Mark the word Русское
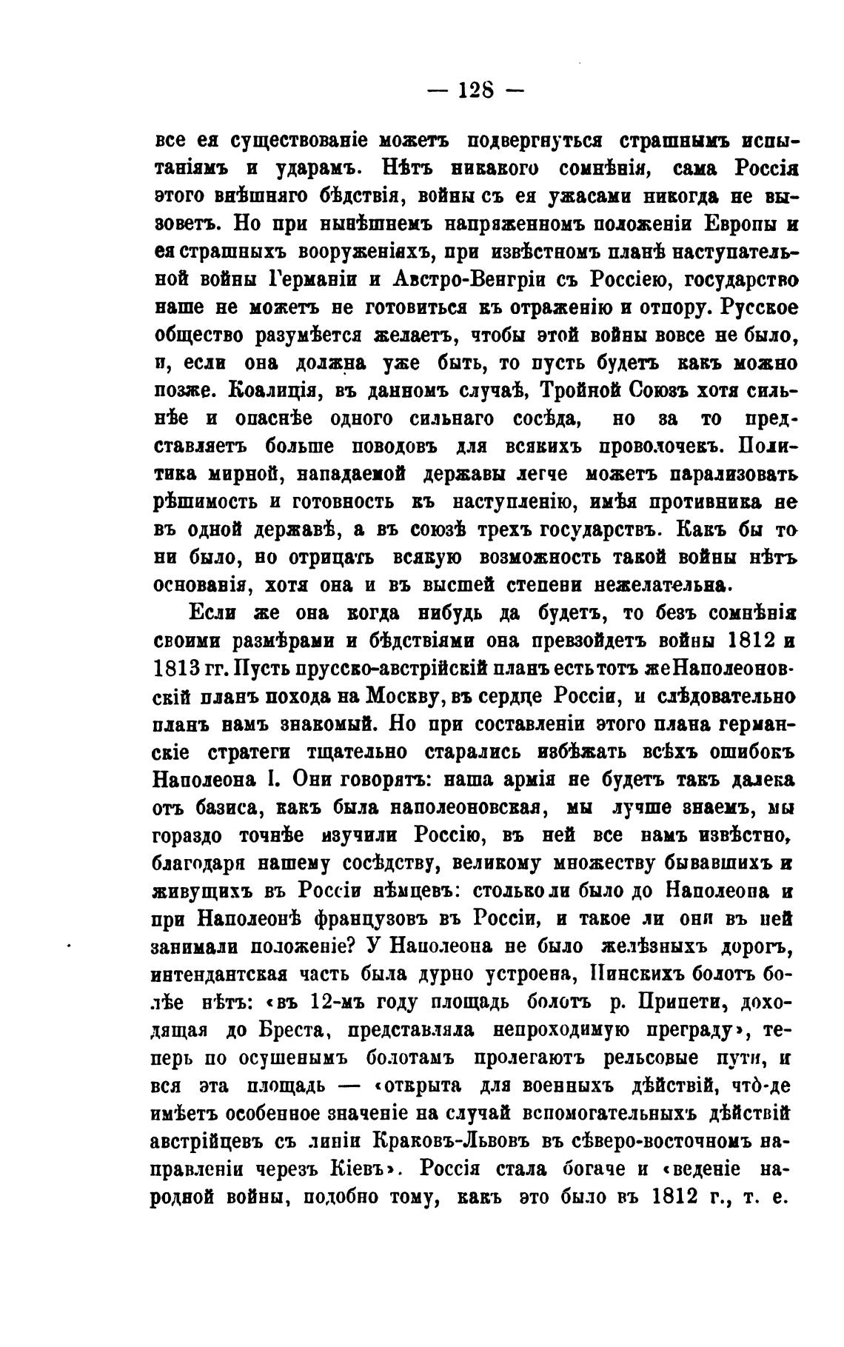pos(760,307)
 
